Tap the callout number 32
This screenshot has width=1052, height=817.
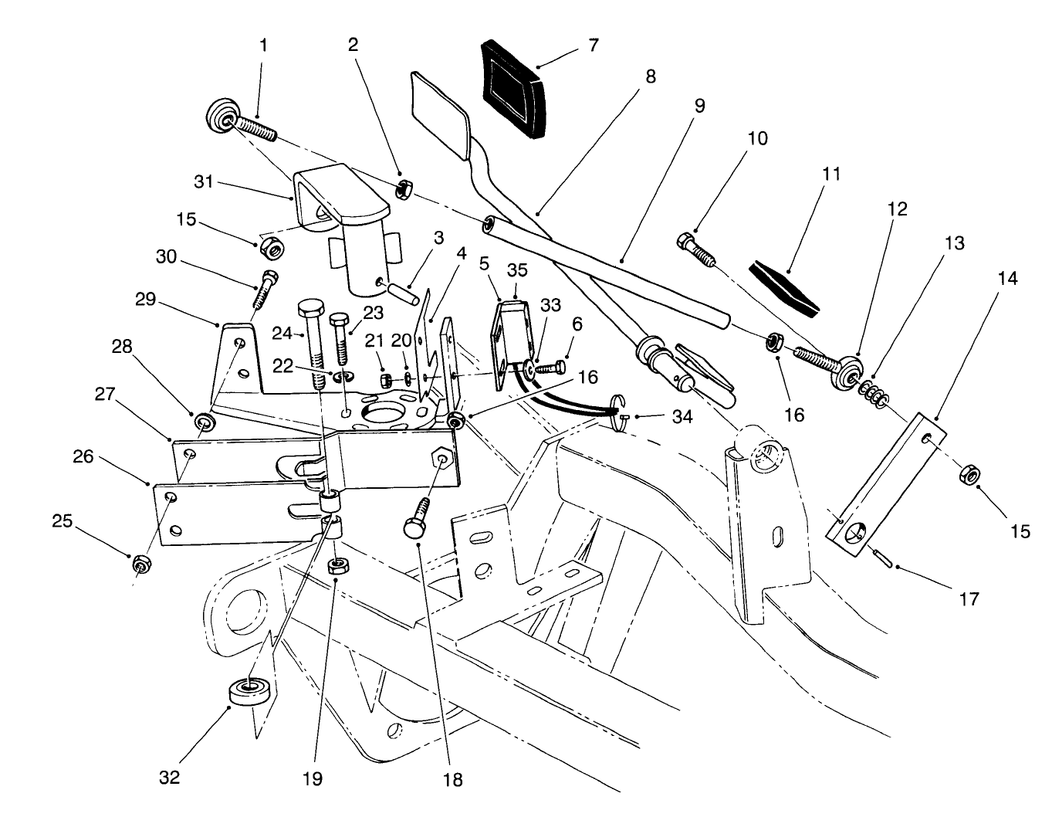pos(169,777)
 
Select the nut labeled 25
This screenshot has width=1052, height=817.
pos(140,564)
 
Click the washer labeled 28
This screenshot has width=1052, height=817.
pos(205,422)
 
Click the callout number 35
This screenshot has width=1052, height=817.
pos(516,270)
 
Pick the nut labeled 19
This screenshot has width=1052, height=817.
pos(337,566)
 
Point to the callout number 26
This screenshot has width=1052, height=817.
pos(83,457)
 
